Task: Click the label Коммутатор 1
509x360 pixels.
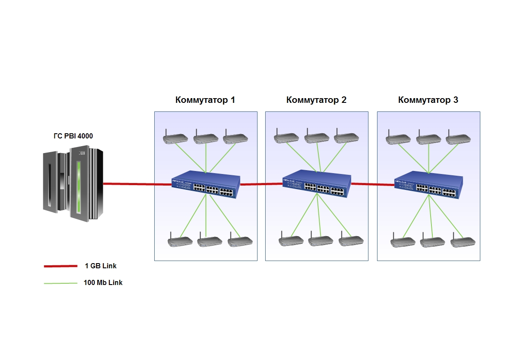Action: click(x=205, y=100)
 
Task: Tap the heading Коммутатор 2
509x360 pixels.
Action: click(x=316, y=100)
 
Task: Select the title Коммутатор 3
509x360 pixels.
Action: click(x=428, y=100)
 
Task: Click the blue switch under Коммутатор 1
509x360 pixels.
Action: click(x=206, y=185)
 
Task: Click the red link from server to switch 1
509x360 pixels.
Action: click(x=137, y=184)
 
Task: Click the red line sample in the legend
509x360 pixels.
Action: click(x=60, y=266)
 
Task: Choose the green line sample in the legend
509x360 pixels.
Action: click(x=60, y=283)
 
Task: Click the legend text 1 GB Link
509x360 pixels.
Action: click(x=101, y=266)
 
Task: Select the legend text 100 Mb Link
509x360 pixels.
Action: click(x=103, y=283)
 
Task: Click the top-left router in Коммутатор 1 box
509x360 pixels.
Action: click(x=176, y=138)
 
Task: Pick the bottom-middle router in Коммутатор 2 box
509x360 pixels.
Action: click(x=321, y=240)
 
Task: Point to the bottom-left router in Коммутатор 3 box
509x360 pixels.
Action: click(x=403, y=241)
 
